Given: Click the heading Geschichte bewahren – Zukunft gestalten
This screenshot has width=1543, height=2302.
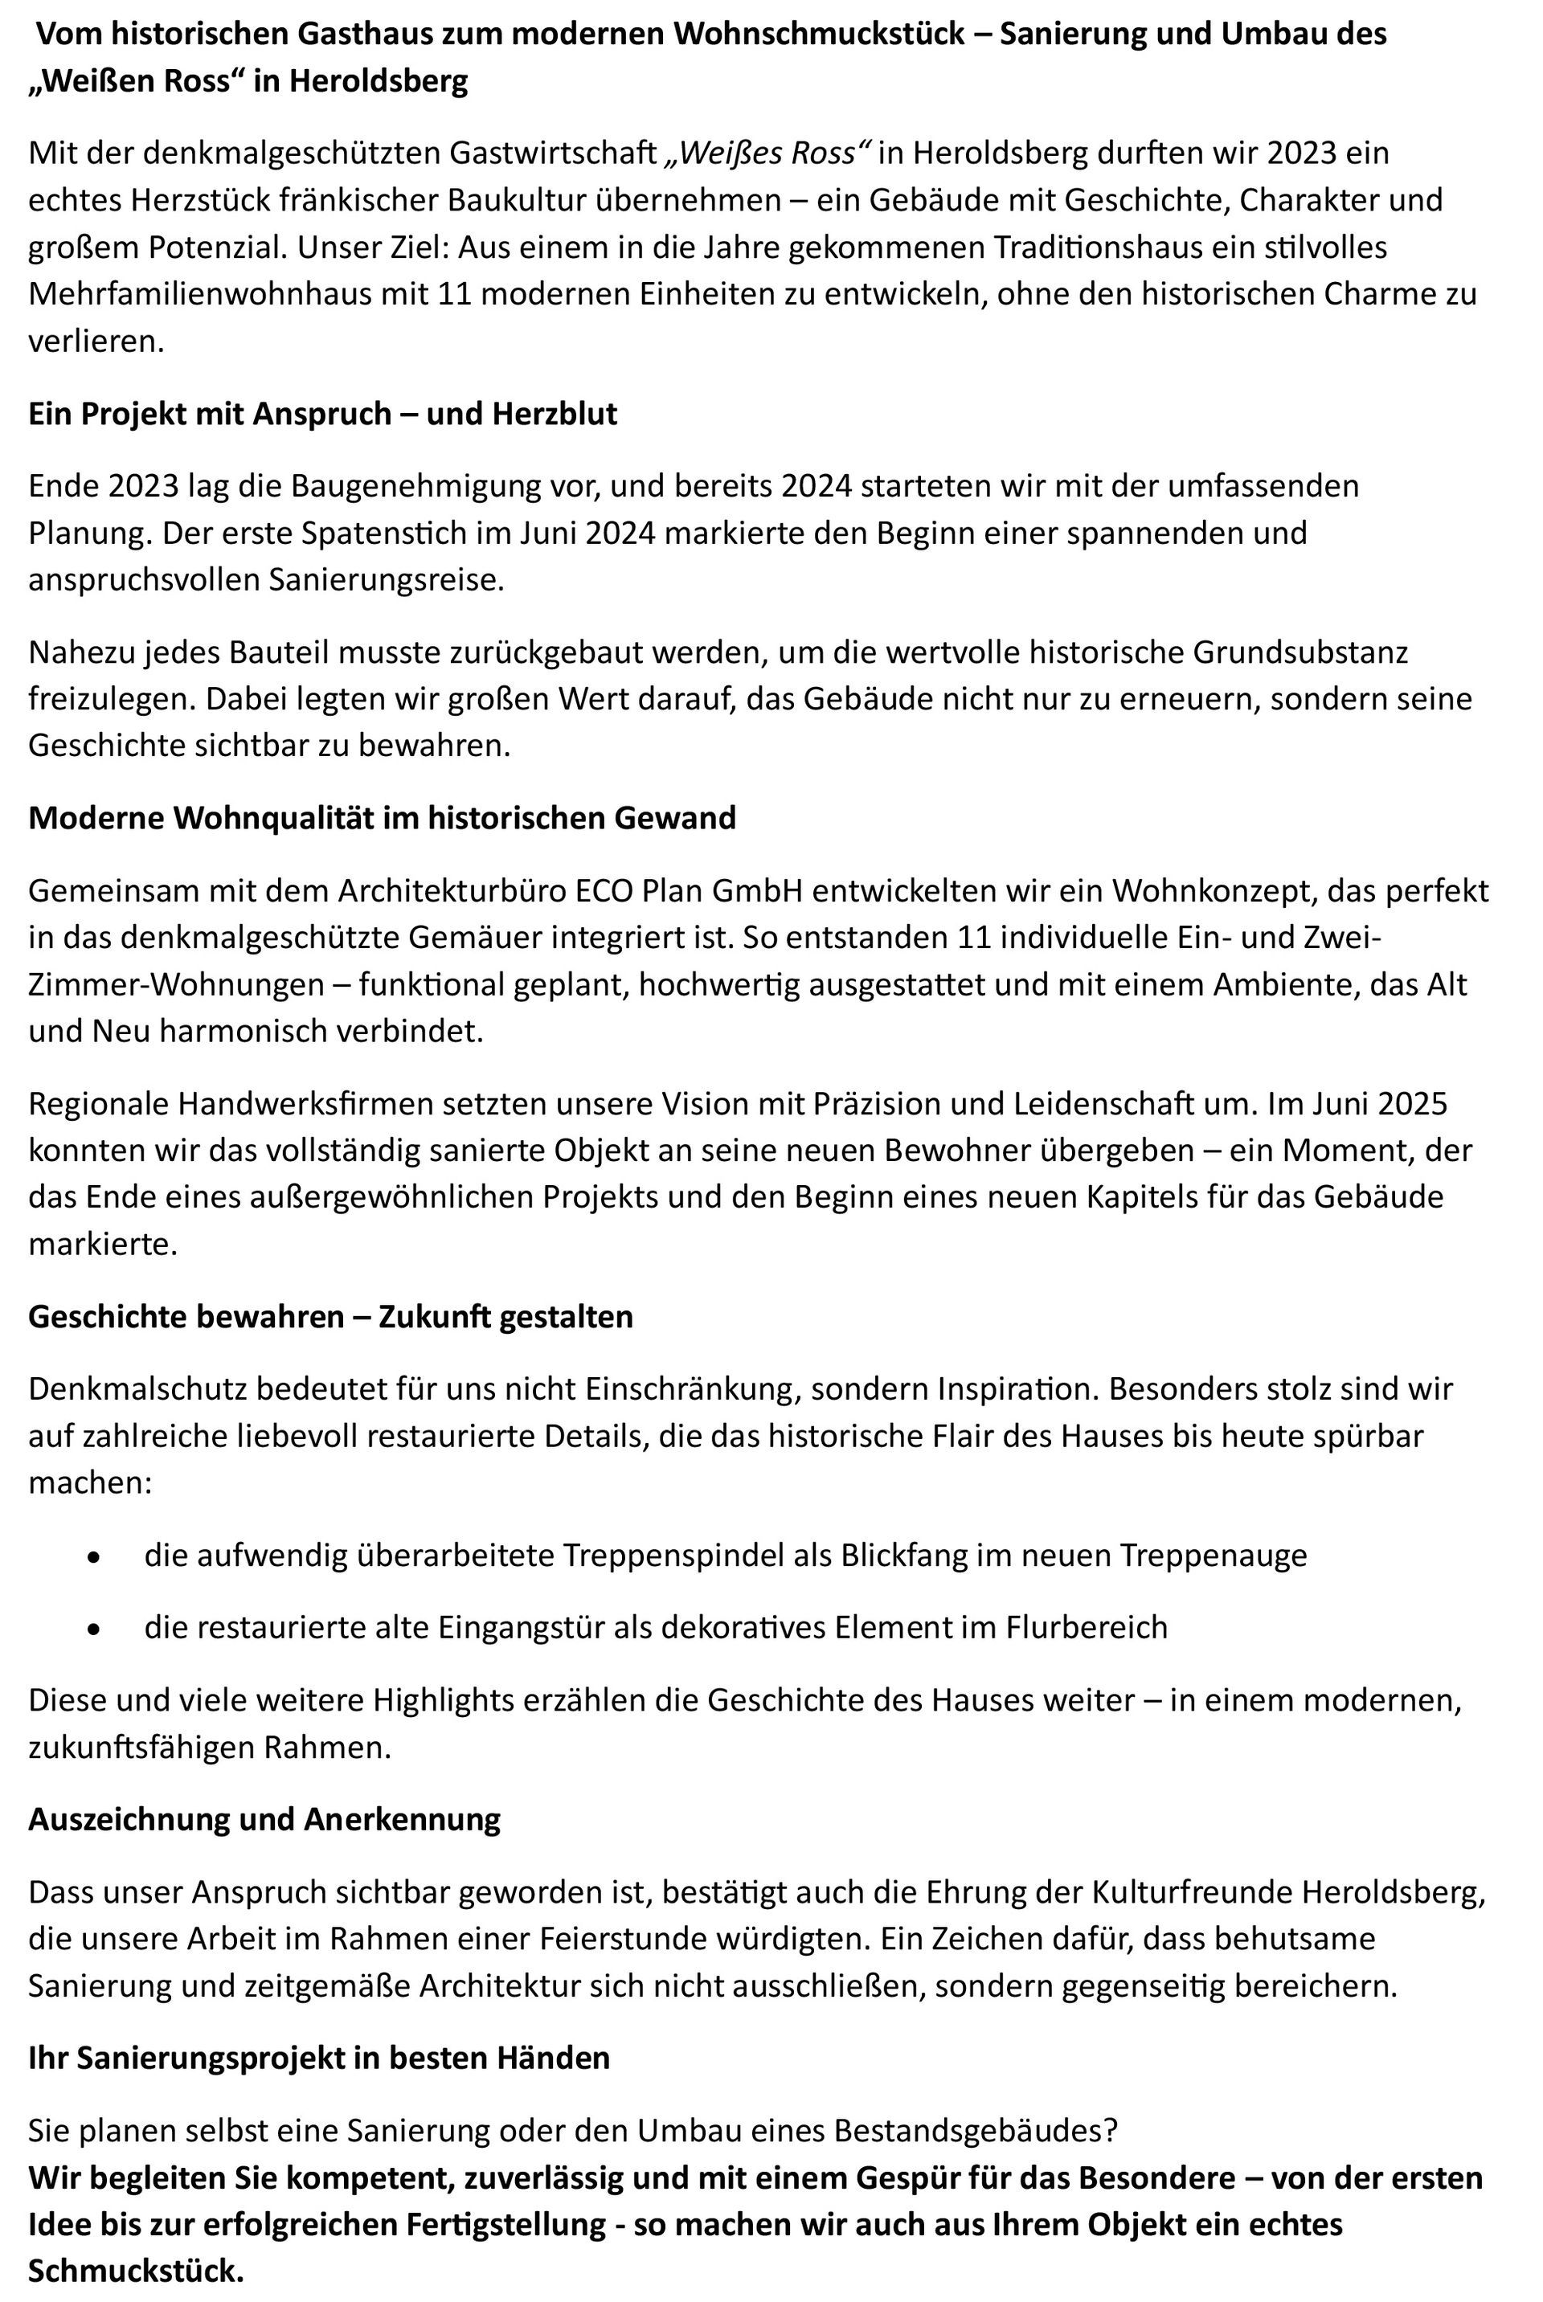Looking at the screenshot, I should click(x=330, y=1316).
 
